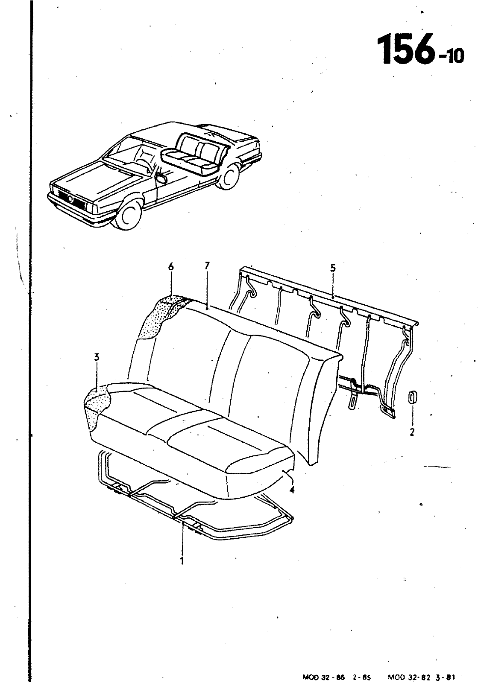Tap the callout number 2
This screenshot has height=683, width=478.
point(412,432)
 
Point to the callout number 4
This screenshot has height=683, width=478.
point(292,490)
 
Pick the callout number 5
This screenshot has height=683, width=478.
point(333,268)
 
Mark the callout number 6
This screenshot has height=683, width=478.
point(171,267)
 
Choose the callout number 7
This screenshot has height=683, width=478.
point(207,266)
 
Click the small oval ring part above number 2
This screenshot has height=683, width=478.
point(412,397)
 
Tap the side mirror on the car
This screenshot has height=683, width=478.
point(162,178)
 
